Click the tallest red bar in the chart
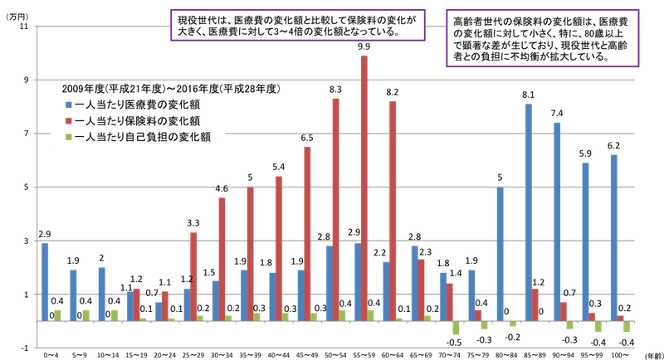tap(364, 187)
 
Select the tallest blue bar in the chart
tap(528, 212)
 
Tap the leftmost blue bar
tap(46, 281)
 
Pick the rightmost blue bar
tap(613, 236)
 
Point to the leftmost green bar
tap(57, 314)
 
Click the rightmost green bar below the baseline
tap(627, 327)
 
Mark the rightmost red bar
tap(621, 317)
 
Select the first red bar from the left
tap(137, 304)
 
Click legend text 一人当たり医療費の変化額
tap(137, 105)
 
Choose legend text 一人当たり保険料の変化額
tap(137, 121)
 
